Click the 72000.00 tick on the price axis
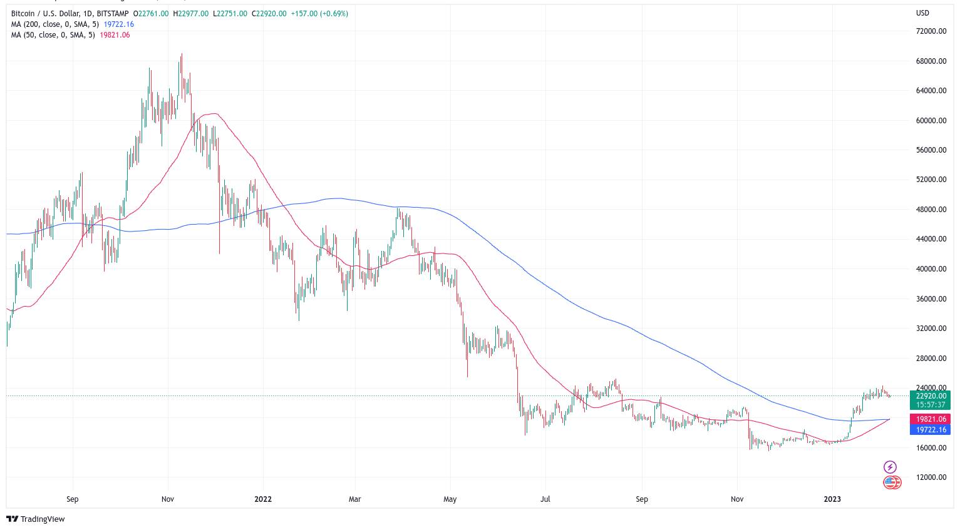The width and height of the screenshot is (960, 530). (x=931, y=31)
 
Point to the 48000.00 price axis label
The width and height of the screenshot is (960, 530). (x=931, y=210)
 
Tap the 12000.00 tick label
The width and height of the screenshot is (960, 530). (x=931, y=477)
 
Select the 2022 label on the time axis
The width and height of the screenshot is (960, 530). (x=263, y=499)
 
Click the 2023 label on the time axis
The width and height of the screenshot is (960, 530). (x=832, y=499)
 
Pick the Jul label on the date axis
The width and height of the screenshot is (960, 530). (x=545, y=499)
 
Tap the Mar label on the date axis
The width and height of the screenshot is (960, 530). (x=355, y=499)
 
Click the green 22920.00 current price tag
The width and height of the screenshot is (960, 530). (x=930, y=396)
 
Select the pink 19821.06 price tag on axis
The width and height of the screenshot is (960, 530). (x=930, y=419)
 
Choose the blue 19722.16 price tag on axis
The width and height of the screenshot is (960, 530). (x=930, y=430)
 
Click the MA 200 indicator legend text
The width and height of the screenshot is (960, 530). (x=55, y=24)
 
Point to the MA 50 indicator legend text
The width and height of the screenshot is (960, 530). (x=53, y=35)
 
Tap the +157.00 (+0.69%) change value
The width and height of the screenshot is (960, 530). (x=319, y=14)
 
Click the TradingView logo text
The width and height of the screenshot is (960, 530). (x=43, y=519)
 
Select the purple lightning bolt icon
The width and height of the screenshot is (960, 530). (x=890, y=467)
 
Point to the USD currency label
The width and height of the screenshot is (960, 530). (x=922, y=13)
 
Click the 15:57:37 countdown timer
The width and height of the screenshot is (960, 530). (x=930, y=405)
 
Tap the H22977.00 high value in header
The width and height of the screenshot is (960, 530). (x=191, y=14)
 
